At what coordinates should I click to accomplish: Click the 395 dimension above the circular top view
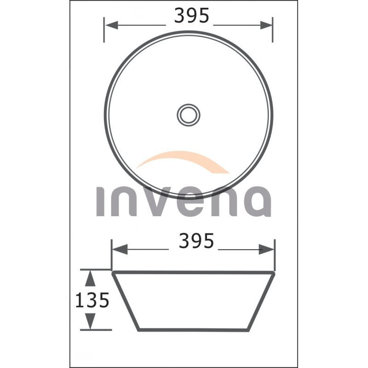[191, 16]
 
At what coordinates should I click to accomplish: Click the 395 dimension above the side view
[196, 241]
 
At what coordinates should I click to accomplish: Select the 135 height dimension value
[92, 300]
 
